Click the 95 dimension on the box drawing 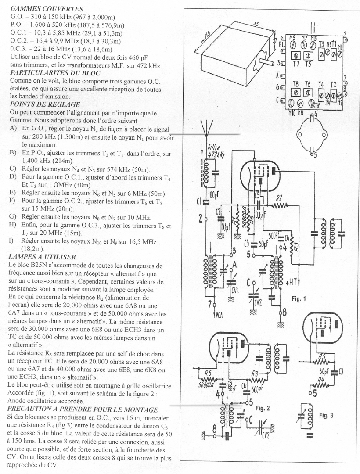(x=256, y=23)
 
